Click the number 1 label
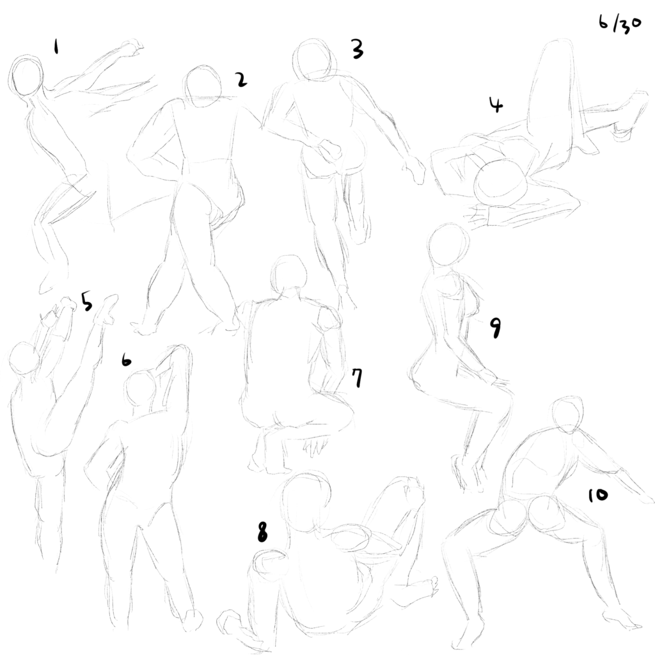pos(56,46)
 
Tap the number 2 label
pos(241,79)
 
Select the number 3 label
pos(357,49)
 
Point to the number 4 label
pos(496,105)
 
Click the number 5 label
pos(87,302)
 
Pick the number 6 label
pos(126,360)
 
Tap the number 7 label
pos(357,378)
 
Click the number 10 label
pos(598,496)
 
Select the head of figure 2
pos(204,86)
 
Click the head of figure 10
pos(567,414)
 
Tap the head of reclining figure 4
pos(501,182)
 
